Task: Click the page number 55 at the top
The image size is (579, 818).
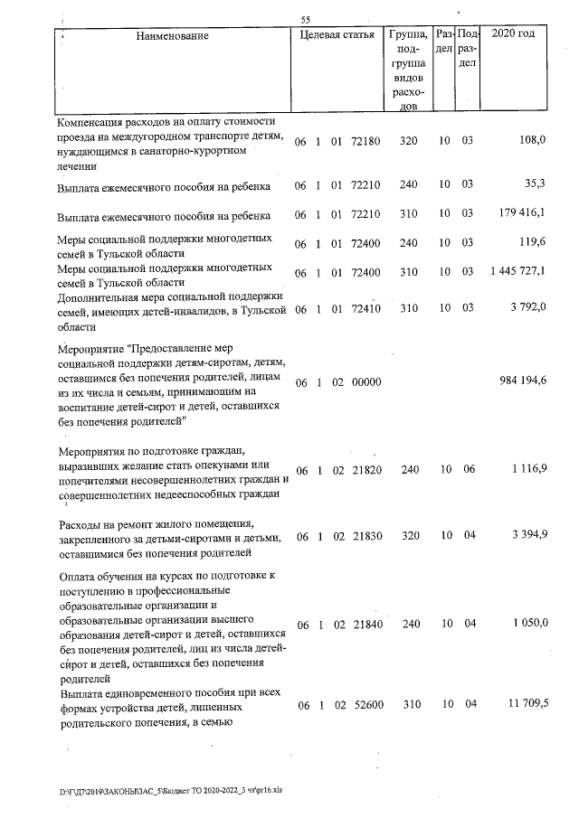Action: click(x=306, y=19)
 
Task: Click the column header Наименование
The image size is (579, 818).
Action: click(x=173, y=35)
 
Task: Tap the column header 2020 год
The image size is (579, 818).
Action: click(x=512, y=34)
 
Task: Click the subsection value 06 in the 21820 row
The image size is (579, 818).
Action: click(x=468, y=470)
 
